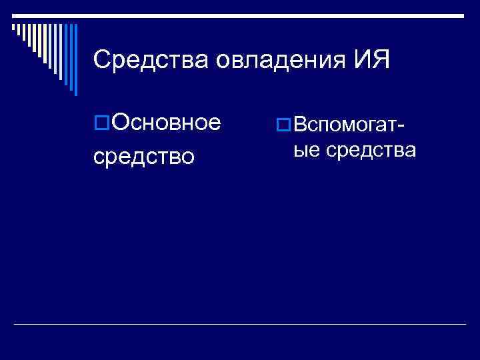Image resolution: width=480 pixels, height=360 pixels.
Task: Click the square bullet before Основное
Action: [x=101, y=123]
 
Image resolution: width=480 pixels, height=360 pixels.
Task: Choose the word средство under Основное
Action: [x=144, y=157]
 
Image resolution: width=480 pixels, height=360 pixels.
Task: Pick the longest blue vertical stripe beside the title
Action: [x=75, y=60]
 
